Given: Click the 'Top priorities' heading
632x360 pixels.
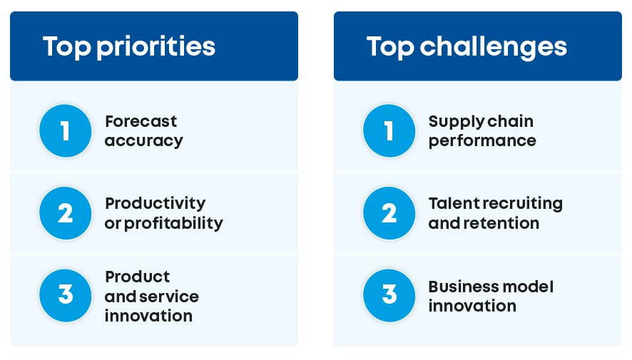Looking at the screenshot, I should coord(128,46).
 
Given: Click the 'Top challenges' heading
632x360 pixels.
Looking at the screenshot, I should coord(467,46).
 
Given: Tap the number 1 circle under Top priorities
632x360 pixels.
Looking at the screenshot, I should coord(66,131).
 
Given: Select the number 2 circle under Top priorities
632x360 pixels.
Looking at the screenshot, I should coord(66,213).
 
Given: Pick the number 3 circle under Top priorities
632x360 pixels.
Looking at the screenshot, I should coord(66,295).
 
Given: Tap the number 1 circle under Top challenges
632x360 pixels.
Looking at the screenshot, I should coord(389,131).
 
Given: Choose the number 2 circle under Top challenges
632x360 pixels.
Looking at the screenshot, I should coord(389,213).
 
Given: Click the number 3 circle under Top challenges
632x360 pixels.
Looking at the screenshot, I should coord(389,295).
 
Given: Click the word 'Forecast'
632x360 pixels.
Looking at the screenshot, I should coord(141,121).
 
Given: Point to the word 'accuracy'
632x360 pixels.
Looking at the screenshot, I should coord(143,141).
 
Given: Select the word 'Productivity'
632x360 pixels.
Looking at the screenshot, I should coord(155,204).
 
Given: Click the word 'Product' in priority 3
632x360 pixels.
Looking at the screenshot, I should coord(137,277).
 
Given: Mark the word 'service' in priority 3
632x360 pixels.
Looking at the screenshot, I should coord(173,296).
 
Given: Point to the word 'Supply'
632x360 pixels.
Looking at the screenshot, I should coord(451,122).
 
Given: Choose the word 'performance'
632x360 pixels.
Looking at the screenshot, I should coord(481,141).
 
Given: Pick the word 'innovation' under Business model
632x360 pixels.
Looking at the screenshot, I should coord(472,306).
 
